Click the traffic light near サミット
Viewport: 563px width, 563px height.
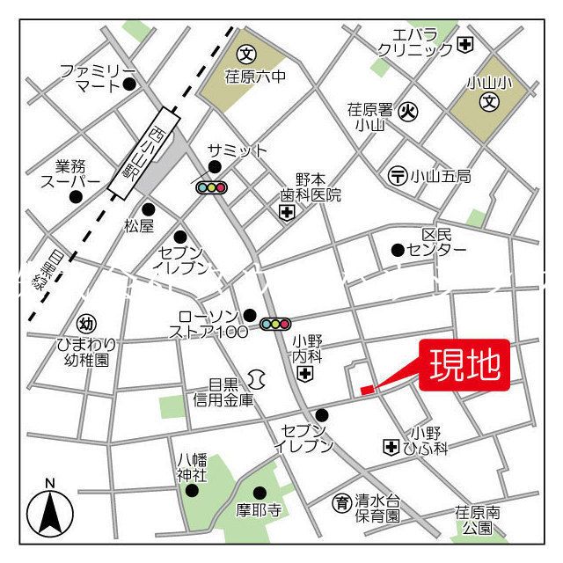[x=212, y=187]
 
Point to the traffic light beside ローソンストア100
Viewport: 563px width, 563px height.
[x=274, y=325]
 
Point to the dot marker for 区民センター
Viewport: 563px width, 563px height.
[x=398, y=250]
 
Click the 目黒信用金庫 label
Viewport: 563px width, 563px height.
[x=223, y=392]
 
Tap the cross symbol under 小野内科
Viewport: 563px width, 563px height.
[x=304, y=376]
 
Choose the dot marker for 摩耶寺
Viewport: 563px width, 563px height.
[x=260, y=493]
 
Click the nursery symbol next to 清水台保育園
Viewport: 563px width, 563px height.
[x=340, y=503]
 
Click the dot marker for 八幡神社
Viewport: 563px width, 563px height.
[x=192, y=491]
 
